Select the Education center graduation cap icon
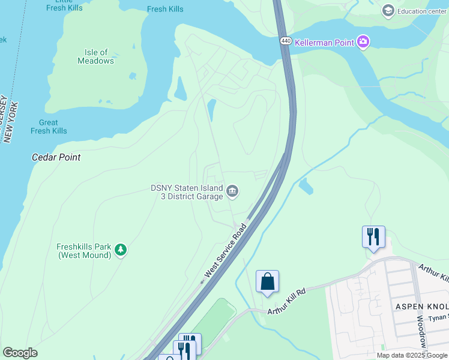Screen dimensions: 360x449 pos(388,10)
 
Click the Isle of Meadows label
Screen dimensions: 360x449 pos(96,56)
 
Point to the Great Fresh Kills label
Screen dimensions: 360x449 pos(49,127)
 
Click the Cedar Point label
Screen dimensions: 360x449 pos(56,157)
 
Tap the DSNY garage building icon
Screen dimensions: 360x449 pos(232,192)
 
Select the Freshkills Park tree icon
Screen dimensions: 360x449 pos(121,250)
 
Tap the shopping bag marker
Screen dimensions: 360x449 pos(267,281)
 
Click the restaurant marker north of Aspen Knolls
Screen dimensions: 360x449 pos(373,236)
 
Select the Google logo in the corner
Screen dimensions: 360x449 pos(20,353)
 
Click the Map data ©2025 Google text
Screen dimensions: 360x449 pos(412,355)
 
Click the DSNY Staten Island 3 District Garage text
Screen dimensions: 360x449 pos(187,192)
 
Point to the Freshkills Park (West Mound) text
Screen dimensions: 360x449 pos(84,251)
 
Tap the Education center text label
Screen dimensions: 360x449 pos(424,10)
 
